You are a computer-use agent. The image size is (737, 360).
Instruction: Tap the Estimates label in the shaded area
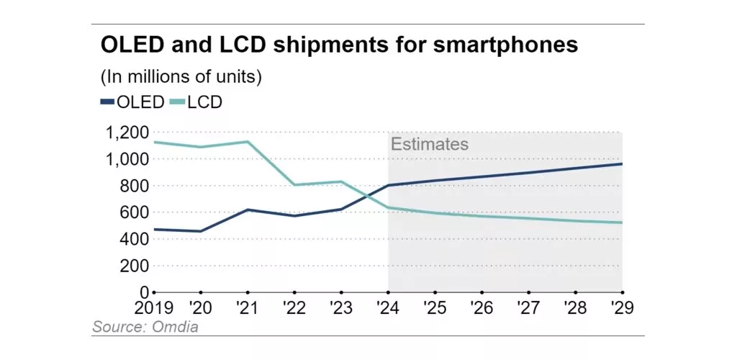click(x=430, y=144)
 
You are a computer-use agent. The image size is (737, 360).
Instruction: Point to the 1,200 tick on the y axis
click(x=127, y=132)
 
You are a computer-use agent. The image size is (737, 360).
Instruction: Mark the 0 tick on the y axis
click(x=145, y=292)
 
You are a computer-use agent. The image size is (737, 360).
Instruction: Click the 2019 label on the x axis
click(x=154, y=307)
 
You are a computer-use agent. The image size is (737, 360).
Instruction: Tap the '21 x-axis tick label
click(x=248, y=307)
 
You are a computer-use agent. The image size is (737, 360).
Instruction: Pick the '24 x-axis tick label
click(x=388, y=307)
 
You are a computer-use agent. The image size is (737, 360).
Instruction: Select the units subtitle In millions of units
click(x=181, y=76)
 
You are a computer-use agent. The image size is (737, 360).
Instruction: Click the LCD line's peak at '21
click(x=248, y=142)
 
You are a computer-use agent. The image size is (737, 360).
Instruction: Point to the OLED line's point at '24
click(x=389, y=185)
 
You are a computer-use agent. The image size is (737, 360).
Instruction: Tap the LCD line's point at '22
click(x=294, y=185)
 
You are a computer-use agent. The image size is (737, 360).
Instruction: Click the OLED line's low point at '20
click(x=201, y=231)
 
